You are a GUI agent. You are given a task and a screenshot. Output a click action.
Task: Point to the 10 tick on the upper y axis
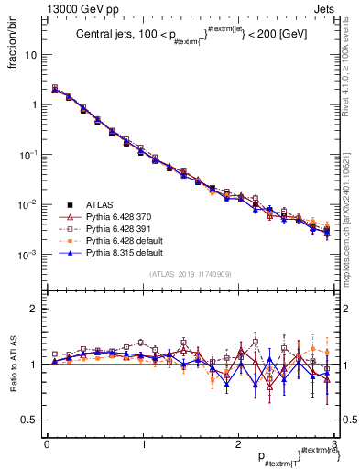tap(34, 55)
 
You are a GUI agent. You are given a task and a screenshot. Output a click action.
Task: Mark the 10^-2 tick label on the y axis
tap(31, 203)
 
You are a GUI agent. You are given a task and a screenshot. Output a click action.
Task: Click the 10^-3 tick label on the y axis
tap(31, 254)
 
